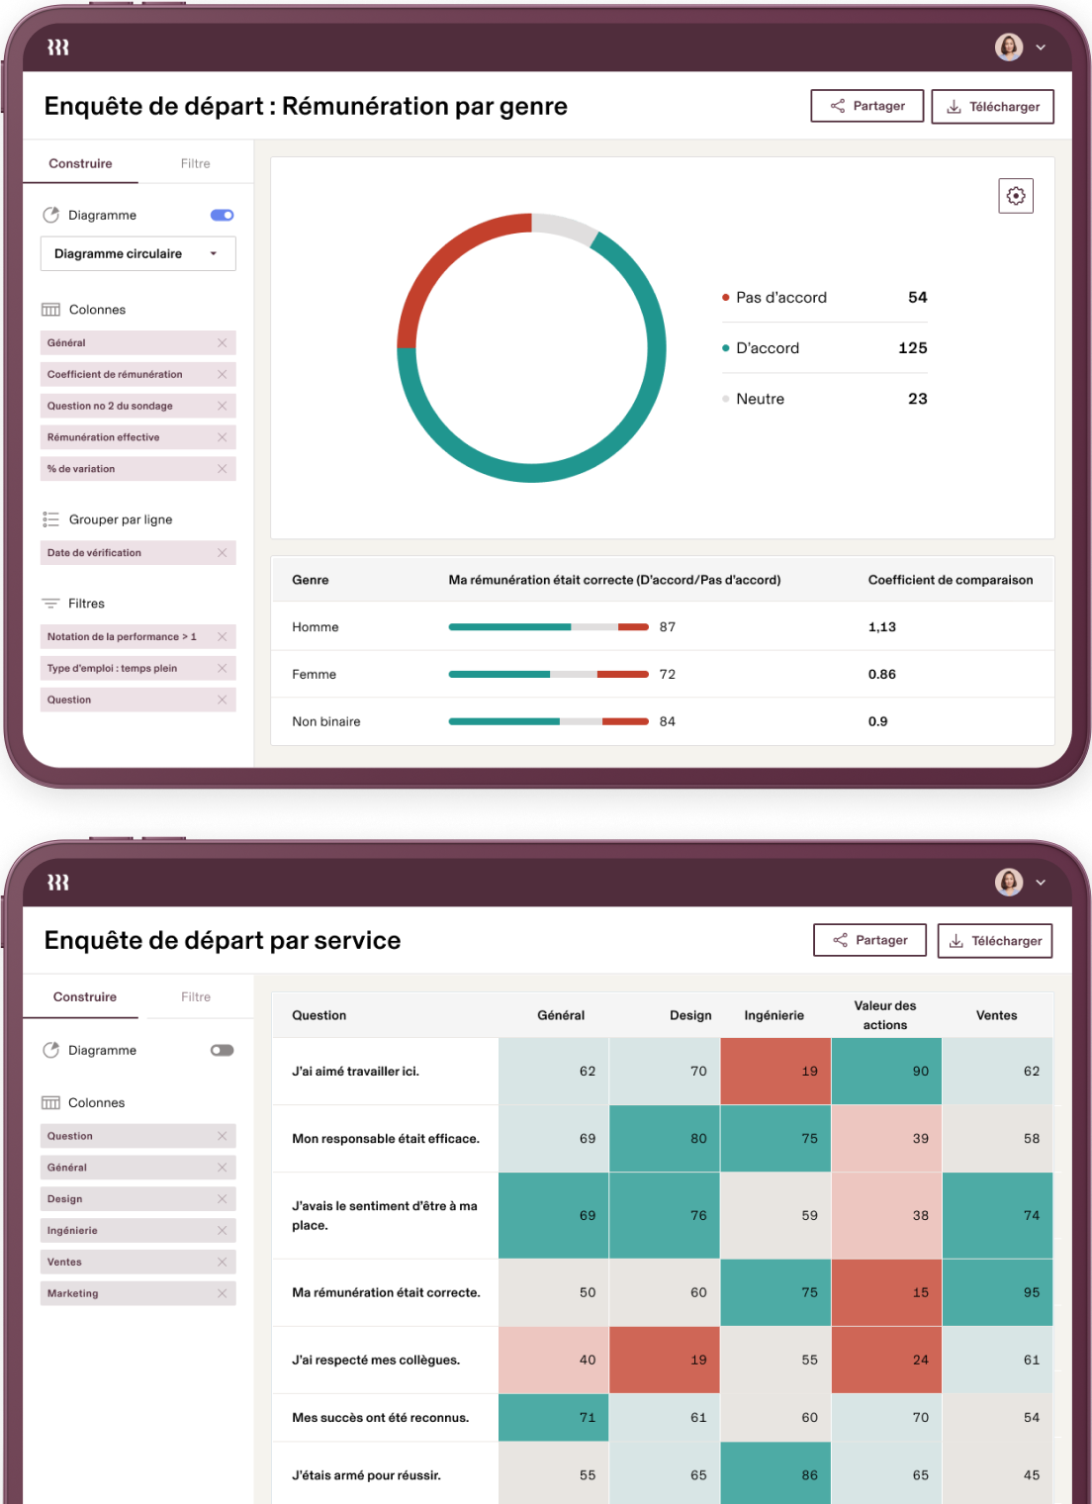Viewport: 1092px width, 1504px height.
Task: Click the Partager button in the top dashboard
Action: click(866, 106)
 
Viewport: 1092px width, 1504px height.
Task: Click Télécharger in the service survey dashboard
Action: click(994, 941)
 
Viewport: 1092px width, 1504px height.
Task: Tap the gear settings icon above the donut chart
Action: click(1016, 196)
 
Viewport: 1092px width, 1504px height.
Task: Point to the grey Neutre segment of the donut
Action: click(564, 226)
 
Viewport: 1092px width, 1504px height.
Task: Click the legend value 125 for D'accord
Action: click(912, 348)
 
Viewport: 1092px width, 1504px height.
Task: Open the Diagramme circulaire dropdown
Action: click(137, 253)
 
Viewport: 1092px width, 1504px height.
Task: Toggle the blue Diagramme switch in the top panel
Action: click(222, 215)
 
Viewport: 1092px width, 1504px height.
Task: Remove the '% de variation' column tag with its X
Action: click(222, 469)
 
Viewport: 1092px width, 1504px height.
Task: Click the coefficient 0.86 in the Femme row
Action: click(881, 675)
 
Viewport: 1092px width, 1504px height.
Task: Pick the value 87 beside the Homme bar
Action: click(668, 627)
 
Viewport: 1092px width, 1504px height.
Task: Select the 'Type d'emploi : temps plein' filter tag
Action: click(113, 669)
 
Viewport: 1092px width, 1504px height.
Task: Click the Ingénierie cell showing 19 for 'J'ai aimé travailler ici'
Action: click(775, 1072)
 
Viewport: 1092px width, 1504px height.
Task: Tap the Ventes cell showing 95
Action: click(997, 1292)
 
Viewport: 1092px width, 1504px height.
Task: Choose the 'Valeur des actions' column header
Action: click(885, 1015)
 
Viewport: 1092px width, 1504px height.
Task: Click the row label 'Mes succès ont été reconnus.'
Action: click(381, 1418)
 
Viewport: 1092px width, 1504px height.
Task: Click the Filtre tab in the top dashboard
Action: click(195, 163)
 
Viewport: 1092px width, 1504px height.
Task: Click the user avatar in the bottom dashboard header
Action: click(1009, 882)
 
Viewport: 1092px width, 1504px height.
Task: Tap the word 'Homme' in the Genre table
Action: click(316, 627)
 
